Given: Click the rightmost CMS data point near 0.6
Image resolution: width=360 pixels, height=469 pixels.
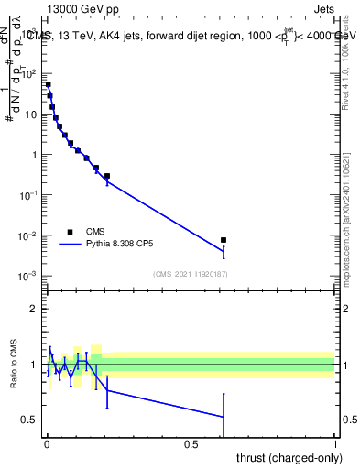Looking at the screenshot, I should coord(224,240).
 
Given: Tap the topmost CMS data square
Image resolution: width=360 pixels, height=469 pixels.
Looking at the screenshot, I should coord(48,84).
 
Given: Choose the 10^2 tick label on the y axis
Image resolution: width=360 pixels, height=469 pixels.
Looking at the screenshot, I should coord(31,73).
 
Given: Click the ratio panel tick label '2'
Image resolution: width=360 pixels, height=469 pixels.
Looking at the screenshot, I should coord(35,309).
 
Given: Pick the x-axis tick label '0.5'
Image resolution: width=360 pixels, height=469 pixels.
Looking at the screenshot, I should coord(191,444).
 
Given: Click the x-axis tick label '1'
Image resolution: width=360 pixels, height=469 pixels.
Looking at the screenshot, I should coord(335,444).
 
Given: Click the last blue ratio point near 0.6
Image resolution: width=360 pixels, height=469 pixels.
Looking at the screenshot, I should coord(224,417).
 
